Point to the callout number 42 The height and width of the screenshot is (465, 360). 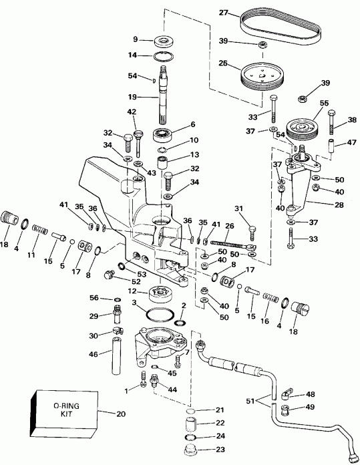coord(132,112)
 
